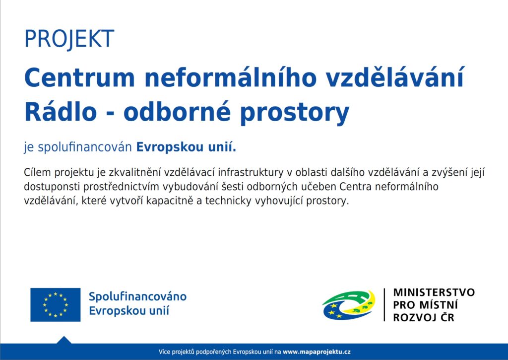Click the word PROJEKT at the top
[69, 39]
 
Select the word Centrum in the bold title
[79, 78]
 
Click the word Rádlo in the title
[61, 111]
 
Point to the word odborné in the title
[177, 111]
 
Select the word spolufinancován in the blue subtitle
[85, 147]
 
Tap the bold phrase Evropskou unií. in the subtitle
[187, 147]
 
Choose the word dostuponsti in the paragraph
[52, 187]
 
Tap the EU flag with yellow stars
[56, 304]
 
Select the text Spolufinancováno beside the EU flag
[138, 297]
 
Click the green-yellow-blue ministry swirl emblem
[349, 305]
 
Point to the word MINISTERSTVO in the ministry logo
[434, 292]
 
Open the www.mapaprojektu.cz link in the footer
[317, 352]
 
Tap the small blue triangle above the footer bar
[64, 340]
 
